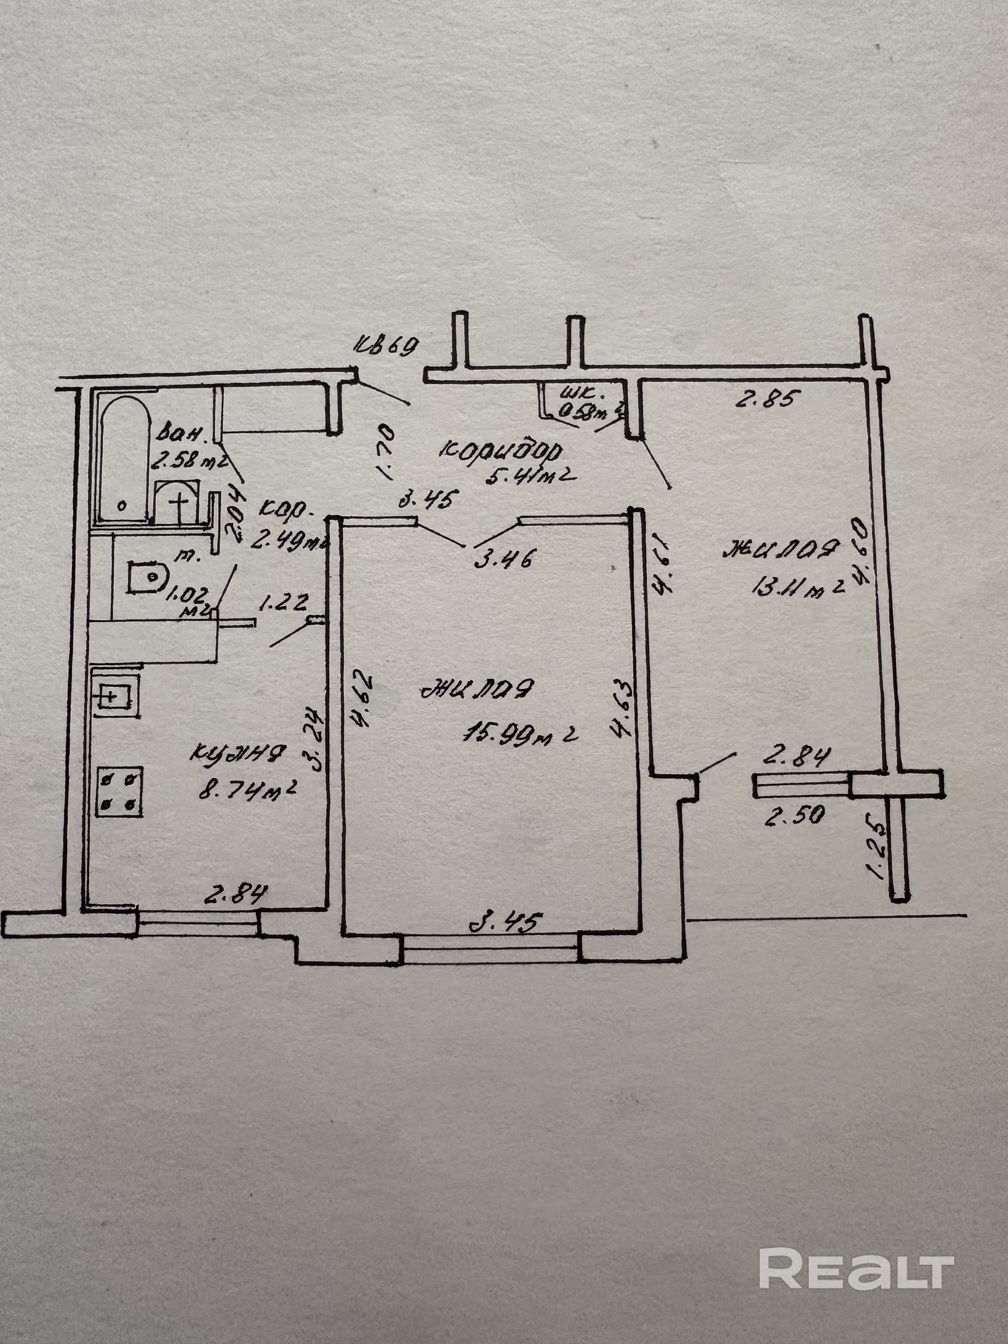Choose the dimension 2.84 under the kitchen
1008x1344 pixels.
coord(236,894)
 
